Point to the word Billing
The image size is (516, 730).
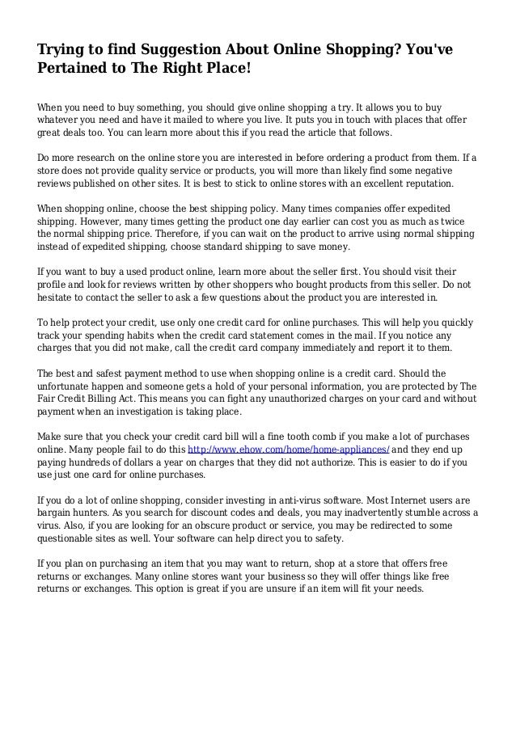(x=112, y=399)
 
